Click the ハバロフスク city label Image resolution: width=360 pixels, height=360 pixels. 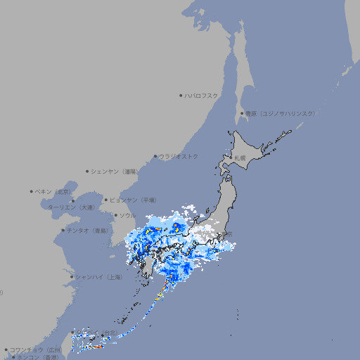tap(202, 95)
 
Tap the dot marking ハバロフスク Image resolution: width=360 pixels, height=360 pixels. tap(181, 95)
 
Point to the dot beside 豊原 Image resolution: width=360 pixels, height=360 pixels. tap(242, 113)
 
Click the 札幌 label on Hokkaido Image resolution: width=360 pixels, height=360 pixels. tap(240, 157)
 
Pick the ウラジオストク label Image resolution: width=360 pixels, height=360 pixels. tap(179, 157)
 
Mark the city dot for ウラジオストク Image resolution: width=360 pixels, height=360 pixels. tap(155, 157)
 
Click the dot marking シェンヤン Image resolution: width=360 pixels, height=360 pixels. tap(87, 171)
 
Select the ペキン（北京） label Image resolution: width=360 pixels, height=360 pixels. tap(53, 191)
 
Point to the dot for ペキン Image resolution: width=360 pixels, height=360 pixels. tap(32, 191)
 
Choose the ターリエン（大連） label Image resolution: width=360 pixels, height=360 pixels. tap(70, 207)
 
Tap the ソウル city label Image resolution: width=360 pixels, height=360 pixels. tap(128, 215)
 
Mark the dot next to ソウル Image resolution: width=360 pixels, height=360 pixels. tap(115, 215)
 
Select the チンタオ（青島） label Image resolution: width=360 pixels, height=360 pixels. tap(88, 230)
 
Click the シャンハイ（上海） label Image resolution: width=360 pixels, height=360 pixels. tap(98, 277)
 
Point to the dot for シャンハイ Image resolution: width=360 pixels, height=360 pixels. tap(72, 277)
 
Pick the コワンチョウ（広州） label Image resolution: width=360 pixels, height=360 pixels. tap(36, 349)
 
